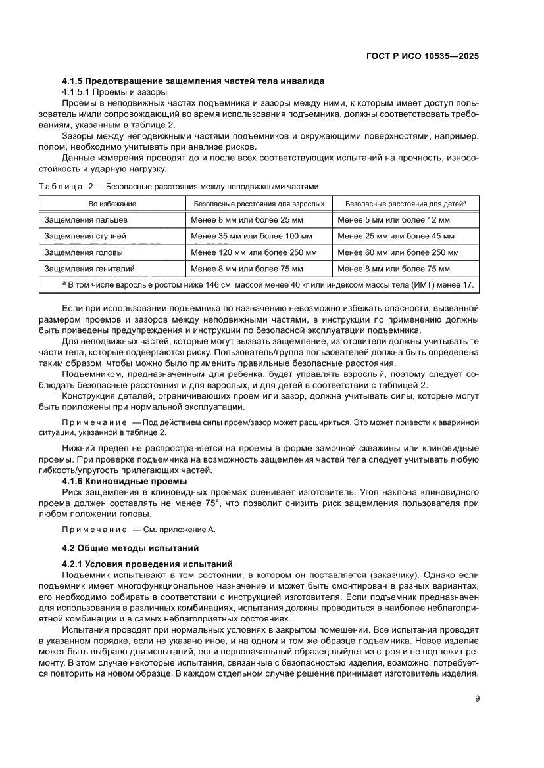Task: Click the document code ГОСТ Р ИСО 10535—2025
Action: [x=422, y=56]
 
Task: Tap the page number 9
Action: [x=477, y=698]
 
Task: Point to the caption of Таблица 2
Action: [x=178, y=186]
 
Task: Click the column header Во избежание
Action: [x=112, y=203]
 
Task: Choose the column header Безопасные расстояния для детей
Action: [x=406, y=203]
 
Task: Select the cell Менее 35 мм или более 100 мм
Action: [x=251, y=236]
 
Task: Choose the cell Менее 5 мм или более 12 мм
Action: [x=393, y=219]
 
